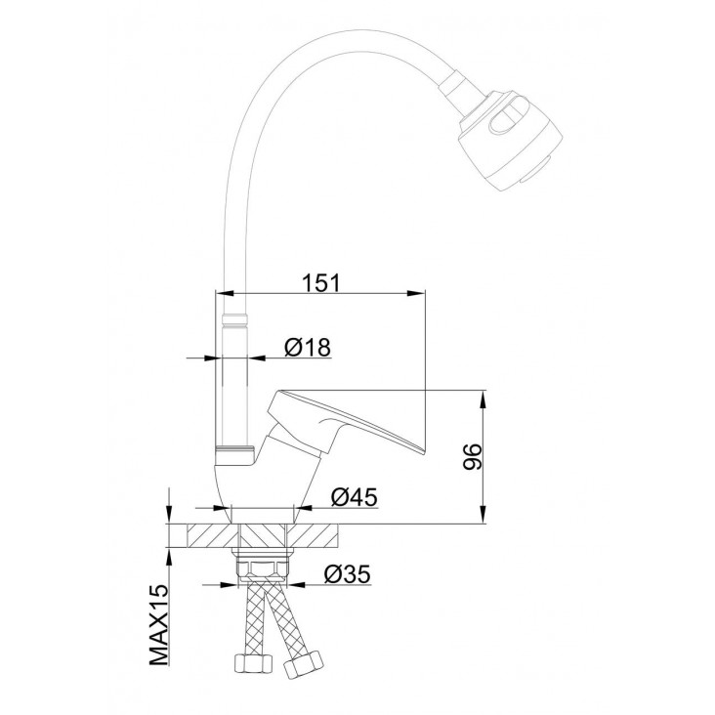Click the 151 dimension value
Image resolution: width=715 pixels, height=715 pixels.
point(321,282)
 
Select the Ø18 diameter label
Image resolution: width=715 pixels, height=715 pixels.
point(308,348)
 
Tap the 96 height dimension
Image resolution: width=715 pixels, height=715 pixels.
point(472,456)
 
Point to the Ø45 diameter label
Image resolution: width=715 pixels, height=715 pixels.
point(355,496)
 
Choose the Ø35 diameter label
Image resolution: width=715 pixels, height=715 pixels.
point(348,573)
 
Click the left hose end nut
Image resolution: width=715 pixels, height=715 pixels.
point(254,666)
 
